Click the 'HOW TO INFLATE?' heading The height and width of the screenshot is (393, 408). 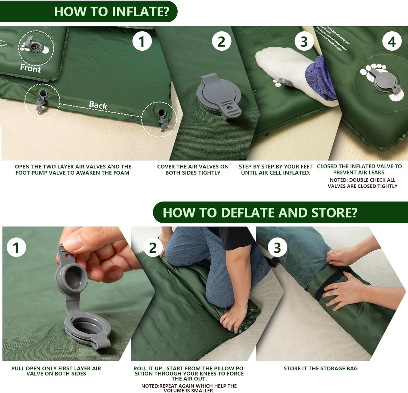point(112,11)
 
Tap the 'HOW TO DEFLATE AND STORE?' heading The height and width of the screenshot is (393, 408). point(260,213)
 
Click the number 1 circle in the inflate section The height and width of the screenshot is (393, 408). point(142,41)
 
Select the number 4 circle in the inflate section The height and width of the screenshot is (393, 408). point(392,42)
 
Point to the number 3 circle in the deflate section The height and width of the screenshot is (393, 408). point(277,248)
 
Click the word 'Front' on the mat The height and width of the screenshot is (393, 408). point(30,68)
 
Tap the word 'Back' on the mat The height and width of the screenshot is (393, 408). point(98,105)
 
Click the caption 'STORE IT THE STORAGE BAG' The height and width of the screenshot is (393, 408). point(320,368)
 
